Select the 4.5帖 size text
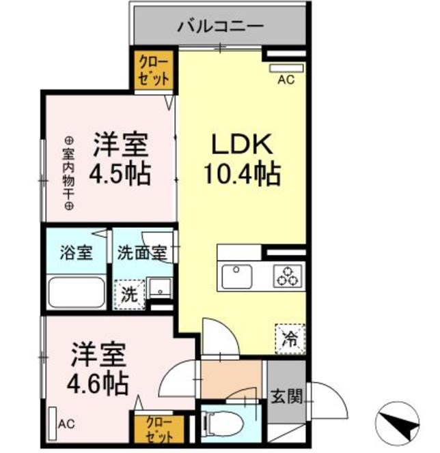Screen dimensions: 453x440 click(x=120, y=174)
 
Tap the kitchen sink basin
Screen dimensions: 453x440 click(x=236, y=276)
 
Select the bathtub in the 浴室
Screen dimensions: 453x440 click(x=77, y=293)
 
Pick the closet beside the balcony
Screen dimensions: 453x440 click(x=154, y=70)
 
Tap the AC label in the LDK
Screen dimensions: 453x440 click(x=286, y=80)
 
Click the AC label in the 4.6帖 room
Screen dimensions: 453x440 click(x=66, y=424)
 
